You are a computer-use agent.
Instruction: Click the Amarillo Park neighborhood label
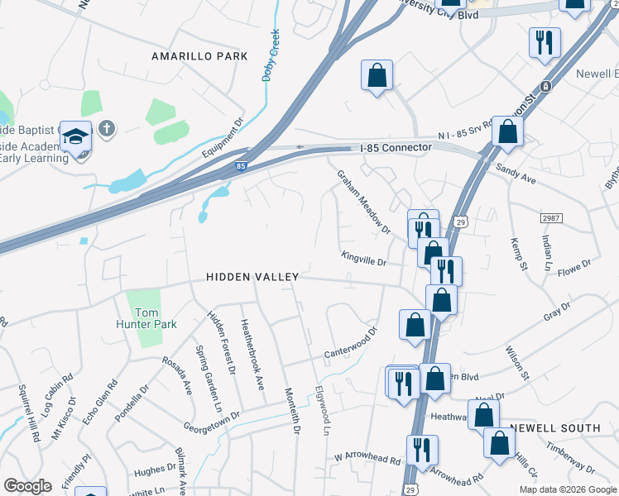[x=199, y=56]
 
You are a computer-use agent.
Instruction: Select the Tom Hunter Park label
[x=146, y=318]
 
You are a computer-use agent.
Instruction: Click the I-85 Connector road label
[x=396, y=147]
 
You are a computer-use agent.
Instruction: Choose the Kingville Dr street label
[x=364, y=259]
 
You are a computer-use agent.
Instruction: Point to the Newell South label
[x=554, y=428]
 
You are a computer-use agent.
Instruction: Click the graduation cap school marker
[x=75, y=137]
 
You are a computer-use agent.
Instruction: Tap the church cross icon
[x=106, y=128]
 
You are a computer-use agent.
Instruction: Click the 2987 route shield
[x=552, y=217]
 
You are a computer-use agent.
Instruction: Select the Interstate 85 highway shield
[x=240, y=166]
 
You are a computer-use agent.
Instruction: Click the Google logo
[x=27, y=486]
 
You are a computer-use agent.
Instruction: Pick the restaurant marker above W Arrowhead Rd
[x=422, y=451]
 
